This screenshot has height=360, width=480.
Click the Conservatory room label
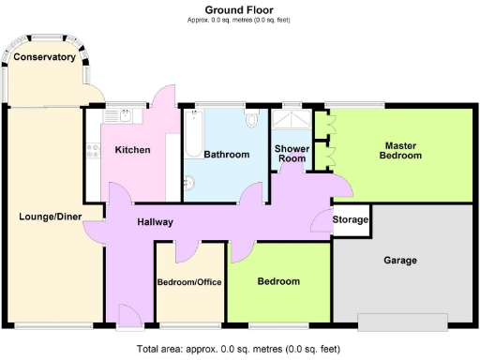point(44,57)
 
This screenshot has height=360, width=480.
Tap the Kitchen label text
point(132,150)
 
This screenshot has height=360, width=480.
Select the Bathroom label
point(227,155)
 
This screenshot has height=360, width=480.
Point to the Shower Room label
point(290,154)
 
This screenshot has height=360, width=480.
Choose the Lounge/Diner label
point(51,217)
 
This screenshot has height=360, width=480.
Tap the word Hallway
point(154,223)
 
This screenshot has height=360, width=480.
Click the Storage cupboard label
point(352,222)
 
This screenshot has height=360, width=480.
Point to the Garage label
point(399,261)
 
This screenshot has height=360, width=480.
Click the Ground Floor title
point(239,9)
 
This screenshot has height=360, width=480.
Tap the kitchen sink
point(124,115)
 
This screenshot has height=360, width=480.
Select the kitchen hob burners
point(93,151)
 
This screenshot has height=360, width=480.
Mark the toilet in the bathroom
point(250,120)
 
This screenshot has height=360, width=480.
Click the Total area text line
point(239,350)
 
